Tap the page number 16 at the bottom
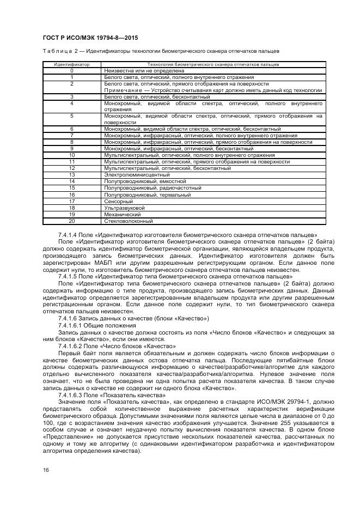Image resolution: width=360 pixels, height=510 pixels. [45, 470]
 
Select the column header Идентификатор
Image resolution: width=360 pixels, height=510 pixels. [71, 65]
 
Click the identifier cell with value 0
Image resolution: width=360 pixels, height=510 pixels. [71, 71]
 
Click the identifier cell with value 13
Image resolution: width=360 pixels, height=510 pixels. [71, 175]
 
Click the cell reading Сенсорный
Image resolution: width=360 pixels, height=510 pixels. [118, 201]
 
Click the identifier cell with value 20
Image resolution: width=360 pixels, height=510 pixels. [71, 221]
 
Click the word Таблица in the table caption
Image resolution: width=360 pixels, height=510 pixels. [56, 52]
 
